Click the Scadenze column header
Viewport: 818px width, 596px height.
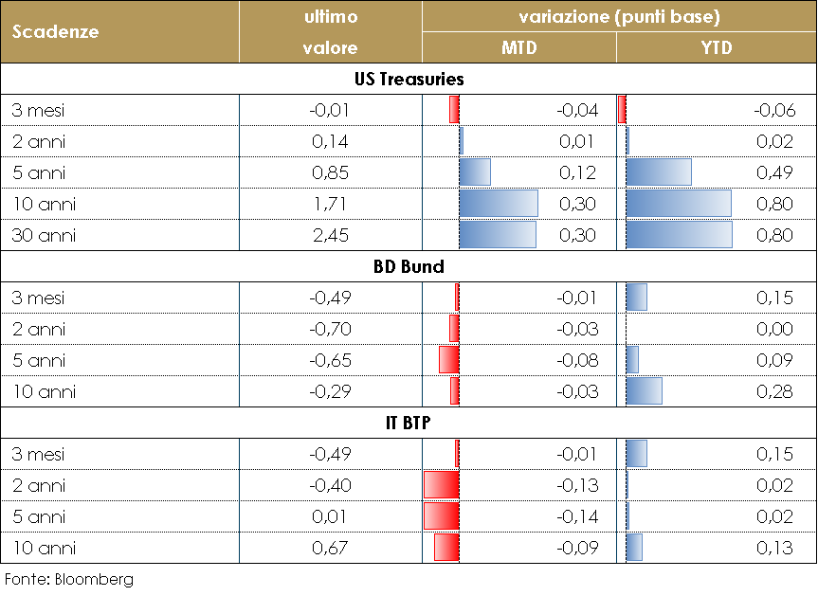56,31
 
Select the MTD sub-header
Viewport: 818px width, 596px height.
518,48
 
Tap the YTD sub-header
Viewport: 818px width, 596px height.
717,48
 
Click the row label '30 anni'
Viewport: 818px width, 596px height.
44,235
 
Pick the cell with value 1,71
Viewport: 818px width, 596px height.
330,204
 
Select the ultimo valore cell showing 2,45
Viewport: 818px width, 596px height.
330,235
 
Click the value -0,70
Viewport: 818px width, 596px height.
330,329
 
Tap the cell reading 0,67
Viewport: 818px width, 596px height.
330,548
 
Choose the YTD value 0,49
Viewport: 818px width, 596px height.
774,172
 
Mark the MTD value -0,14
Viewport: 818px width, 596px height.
578,516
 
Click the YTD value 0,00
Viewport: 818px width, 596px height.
774,329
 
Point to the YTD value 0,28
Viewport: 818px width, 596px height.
774,391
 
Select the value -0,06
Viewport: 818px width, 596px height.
774,110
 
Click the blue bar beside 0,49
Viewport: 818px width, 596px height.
659,172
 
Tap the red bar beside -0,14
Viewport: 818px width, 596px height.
442,516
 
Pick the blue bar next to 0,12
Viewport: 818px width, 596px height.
475,172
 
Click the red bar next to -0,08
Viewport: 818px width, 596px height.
449,360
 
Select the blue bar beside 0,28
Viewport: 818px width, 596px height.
645,391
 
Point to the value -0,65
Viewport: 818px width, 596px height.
330,360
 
